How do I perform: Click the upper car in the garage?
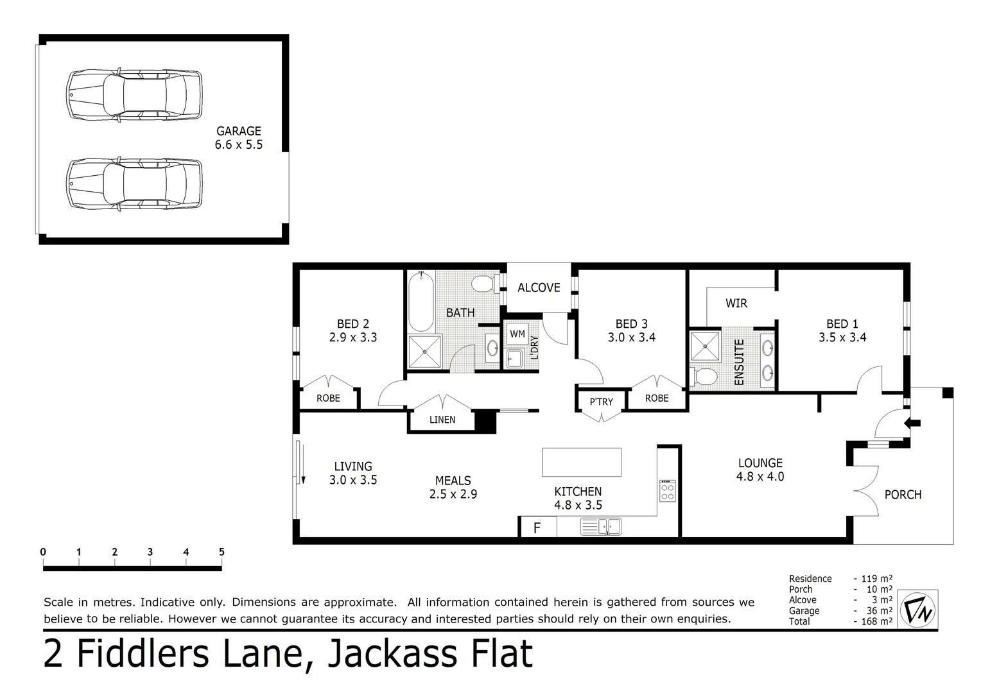pyautogui.click(x=134, y=95)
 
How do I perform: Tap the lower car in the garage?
pyautogui.click(x=134, y=184)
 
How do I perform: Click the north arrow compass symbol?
pyautogui.click(x=918, y=609)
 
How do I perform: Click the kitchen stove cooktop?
pyautogui.click(x=668, y=491)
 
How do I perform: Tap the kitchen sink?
pyautogui.click(x=600, y=527)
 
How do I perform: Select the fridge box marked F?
pyautogui.click(x=537, y=528)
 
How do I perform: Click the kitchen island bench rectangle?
pyautogui.click(x=582, y=462)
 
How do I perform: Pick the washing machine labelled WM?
pyautogui.click(x=517, y=334)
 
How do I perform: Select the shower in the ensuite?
pyautogui.click(x=705, y=346)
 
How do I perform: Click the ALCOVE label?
pyautogui.click(x=539, y=288)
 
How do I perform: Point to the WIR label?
pyautogui.click(x=736, y=303)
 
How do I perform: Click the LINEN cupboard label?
pyautogui.click(x=442, y=420)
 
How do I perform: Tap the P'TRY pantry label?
pyautogui.click(x=601, y=402)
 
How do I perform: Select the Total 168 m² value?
pyautogui.click(x=876, y=621)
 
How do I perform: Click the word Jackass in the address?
pyautogui.click(x=391, y=653)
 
